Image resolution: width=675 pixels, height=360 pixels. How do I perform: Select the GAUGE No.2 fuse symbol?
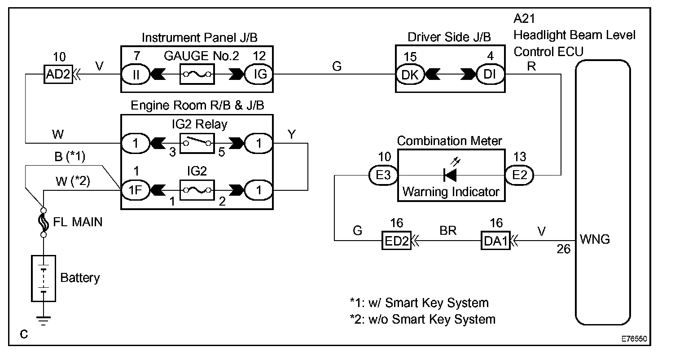click(197, 75)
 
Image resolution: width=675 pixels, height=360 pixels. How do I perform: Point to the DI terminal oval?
click(491, 75)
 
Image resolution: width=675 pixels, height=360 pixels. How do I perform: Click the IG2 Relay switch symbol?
click(197, 143)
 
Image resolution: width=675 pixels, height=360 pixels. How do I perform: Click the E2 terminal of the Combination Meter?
click(519, 175)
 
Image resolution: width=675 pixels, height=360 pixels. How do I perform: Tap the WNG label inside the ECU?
click(595, 239)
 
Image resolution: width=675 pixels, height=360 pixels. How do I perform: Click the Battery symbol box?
click(44, 278)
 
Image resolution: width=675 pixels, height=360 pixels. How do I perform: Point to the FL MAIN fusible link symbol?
click(44, 222)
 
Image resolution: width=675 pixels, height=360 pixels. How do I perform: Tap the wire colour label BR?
click(448, 231)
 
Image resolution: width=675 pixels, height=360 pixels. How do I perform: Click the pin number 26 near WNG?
click(564, 249)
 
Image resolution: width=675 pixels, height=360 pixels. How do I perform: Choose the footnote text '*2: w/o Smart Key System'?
click(422, 319)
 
